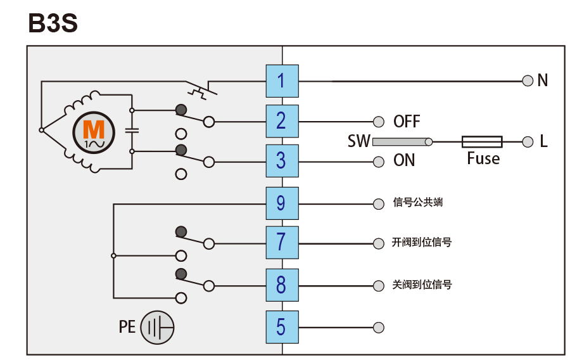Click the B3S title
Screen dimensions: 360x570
click(53, 23)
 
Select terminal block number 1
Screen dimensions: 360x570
click(281, 80)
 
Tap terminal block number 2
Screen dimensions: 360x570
click(281, 121)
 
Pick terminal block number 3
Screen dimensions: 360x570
click(281, 161)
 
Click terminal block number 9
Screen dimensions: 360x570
click(281, 203)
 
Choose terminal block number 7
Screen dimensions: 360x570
click(281, 243)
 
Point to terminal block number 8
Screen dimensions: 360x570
click(281, 285)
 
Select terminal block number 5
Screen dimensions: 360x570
click(281, 327)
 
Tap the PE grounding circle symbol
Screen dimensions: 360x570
click(156, 328)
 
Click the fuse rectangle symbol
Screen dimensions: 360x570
click(482, 141)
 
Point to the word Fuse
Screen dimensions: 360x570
click(483, 158)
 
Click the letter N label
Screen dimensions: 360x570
click(542, 80)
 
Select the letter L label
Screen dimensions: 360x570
click(543, 141)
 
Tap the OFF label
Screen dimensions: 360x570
click(407, 121)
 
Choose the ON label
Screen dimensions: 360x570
click(404, 161)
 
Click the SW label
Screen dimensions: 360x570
click(358, 141)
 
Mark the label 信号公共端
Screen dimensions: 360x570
click(417, 203)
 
